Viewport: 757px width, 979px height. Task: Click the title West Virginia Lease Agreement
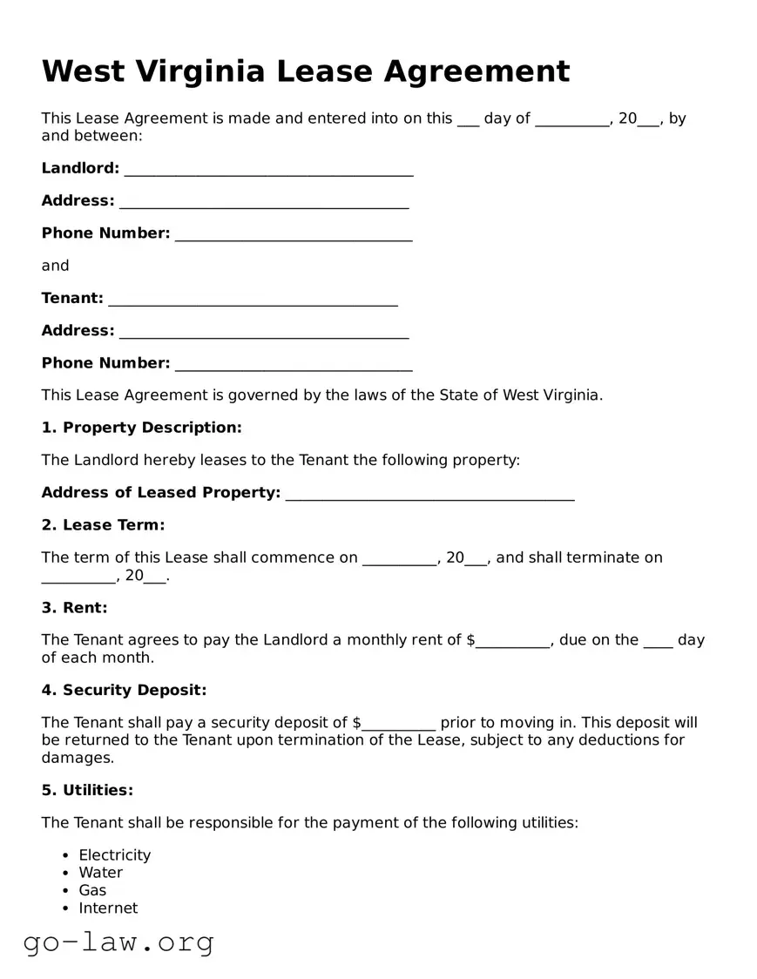[x=306, y=71]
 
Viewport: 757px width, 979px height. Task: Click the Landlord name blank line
[x=268, y=171]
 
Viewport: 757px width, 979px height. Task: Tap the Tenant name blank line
[x=253, y=300]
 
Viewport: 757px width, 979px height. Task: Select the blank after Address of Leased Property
[x=429, y=495]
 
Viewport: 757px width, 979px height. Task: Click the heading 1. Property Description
[x=141, y=428]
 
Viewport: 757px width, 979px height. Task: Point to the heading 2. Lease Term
[x=103, y=525]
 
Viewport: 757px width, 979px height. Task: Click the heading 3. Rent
[x=74, y=608]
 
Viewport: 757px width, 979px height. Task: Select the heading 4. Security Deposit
[x=124, y=691]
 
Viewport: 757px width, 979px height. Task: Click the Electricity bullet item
[x=114, y=855]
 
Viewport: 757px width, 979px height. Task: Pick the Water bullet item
[x=100, y=873]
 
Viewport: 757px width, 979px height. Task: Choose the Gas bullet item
[x=92, y=890]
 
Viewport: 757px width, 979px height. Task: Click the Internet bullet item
[x=108, y=908]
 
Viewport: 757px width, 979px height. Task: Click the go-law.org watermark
[x=118, y=942]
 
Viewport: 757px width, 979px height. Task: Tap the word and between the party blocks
[x=55, y=266]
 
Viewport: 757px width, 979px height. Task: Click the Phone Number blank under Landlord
[x=293, y=236]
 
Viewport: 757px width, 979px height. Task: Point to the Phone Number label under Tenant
[x=105, y=363]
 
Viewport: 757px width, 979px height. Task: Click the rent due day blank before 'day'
[x=658, y=643]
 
